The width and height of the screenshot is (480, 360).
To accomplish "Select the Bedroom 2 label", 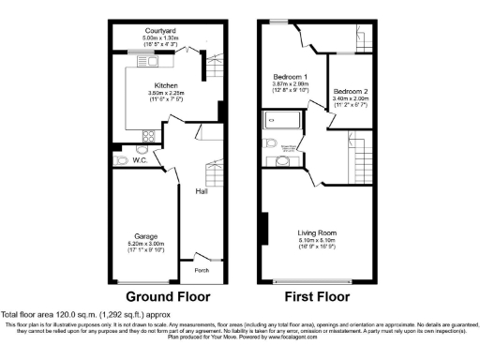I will click(x=350, y=93).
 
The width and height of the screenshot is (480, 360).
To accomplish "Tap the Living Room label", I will click(x=317, y=232).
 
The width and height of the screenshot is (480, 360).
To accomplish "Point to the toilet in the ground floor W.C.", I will click(x=121, y=161).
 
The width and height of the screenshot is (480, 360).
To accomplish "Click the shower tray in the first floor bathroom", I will click(x=278, y=120).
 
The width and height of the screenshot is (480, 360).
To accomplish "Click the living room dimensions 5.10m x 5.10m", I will click(x=317, y=241).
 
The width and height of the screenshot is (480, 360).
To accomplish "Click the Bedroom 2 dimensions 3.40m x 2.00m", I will click(x=350, y=100).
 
